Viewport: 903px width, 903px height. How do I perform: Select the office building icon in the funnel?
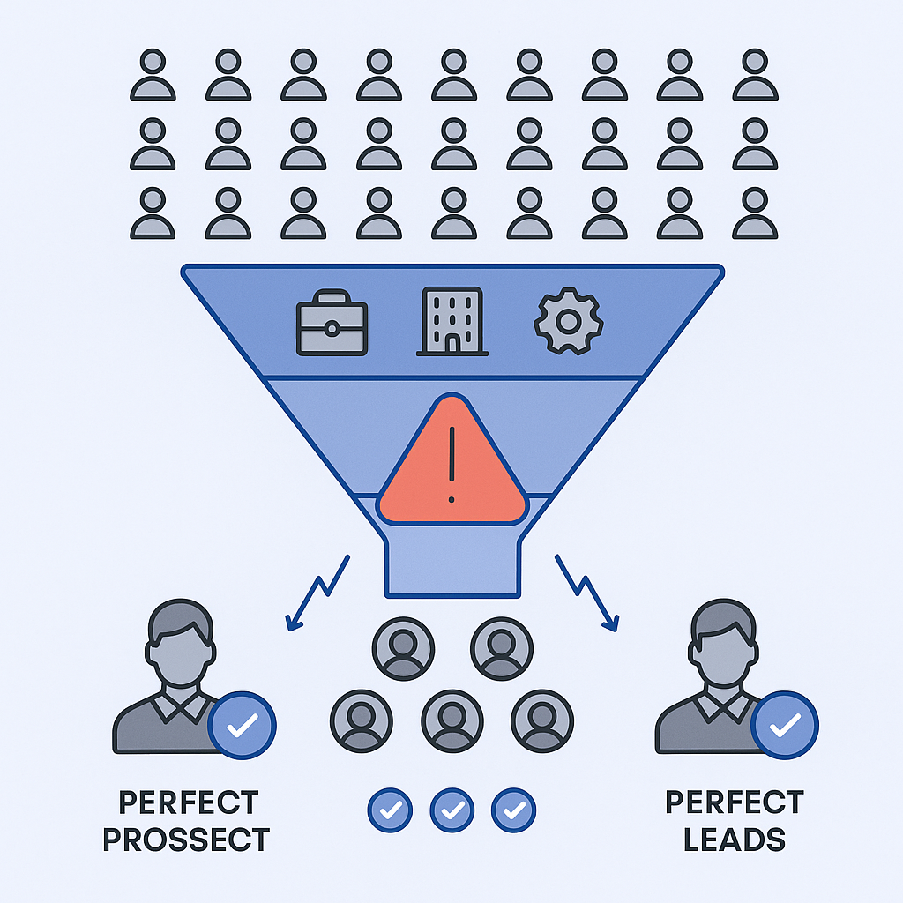point(451,321)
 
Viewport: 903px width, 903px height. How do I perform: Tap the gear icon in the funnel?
point(569,322)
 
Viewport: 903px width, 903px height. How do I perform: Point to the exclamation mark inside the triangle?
point(451,463)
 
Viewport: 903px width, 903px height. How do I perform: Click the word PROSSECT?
point(185,839)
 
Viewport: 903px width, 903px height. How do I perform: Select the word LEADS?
point(735,839)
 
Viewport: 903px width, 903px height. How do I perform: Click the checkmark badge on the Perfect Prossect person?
point(243,725)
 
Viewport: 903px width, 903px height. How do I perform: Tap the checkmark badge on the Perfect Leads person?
point(785,725)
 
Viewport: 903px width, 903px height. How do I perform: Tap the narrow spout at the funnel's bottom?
point(451,564)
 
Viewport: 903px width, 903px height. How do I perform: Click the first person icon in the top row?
point(153,75)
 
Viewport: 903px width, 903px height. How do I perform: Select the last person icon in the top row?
point(755,75)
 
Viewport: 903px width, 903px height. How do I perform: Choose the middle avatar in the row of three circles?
point(451,720)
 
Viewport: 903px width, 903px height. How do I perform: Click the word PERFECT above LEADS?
point(735,802)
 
